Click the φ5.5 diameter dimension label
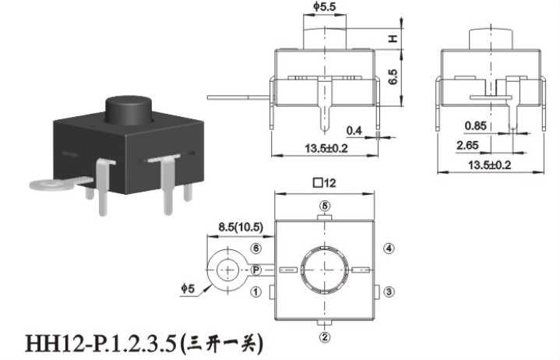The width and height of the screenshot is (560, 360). [x=325, y=6]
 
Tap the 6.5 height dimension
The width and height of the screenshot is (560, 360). [x=393, y=77]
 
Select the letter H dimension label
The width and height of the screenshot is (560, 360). [x=393, y=39]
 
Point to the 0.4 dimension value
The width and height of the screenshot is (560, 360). [x=354, y=131]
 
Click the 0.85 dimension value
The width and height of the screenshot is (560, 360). [x=475, y=125]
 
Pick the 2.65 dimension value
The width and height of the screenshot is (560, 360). [x=467, y=146]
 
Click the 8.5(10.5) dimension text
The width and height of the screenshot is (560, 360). [x=241, y=228]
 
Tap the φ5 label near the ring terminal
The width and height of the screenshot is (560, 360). [x=188, y=288]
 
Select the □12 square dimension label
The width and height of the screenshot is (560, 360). [x=325, y=183]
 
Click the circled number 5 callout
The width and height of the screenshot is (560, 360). [x=325, y=206]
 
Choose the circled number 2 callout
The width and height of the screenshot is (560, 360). [x=325, y=337]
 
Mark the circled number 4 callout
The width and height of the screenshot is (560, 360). [x=389, y=249]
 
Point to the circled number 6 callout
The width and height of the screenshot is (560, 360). [x=256, y=249]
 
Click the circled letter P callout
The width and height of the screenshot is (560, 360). [x=256, y=270]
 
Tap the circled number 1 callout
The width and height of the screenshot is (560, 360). [x=255, y=292]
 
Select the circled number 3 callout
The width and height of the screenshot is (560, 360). [x=389, y=291]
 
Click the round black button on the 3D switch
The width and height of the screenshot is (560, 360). [x=129, y=110]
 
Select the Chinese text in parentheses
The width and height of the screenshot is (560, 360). [x=222, y=343]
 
